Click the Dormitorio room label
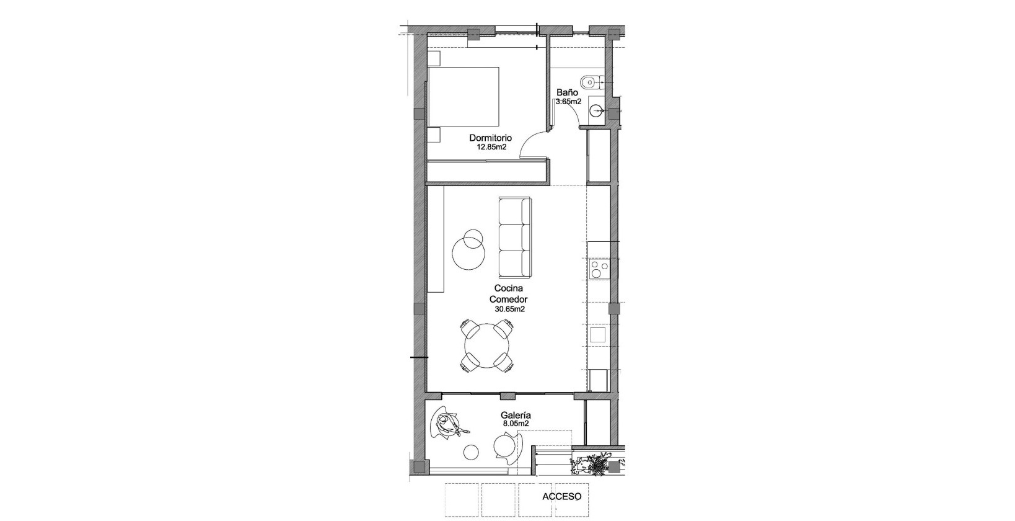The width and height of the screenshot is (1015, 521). coord(490,138)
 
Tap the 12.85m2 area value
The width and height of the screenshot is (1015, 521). coord(491,148)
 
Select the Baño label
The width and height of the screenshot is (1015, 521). coord(567,92)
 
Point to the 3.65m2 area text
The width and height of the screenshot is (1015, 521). coord(568,101)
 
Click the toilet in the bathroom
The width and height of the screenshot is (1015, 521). coord(591,81)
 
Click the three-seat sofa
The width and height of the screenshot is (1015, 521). coord(515,238)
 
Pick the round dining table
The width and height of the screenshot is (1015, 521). coord(486,346)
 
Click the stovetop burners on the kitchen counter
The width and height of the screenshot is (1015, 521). coord(599,269)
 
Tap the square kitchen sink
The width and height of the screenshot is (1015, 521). coord(597,335)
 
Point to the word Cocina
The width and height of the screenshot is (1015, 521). coord(509,288)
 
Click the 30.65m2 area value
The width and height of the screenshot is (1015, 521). coord(510,308)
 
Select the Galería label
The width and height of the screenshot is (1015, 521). coord(516,416)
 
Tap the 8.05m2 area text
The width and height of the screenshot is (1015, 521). coord(516,424)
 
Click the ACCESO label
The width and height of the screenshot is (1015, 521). coord(561,496)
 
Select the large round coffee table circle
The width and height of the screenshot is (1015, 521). coord(469,254)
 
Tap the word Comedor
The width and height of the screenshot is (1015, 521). coord(508,298)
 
